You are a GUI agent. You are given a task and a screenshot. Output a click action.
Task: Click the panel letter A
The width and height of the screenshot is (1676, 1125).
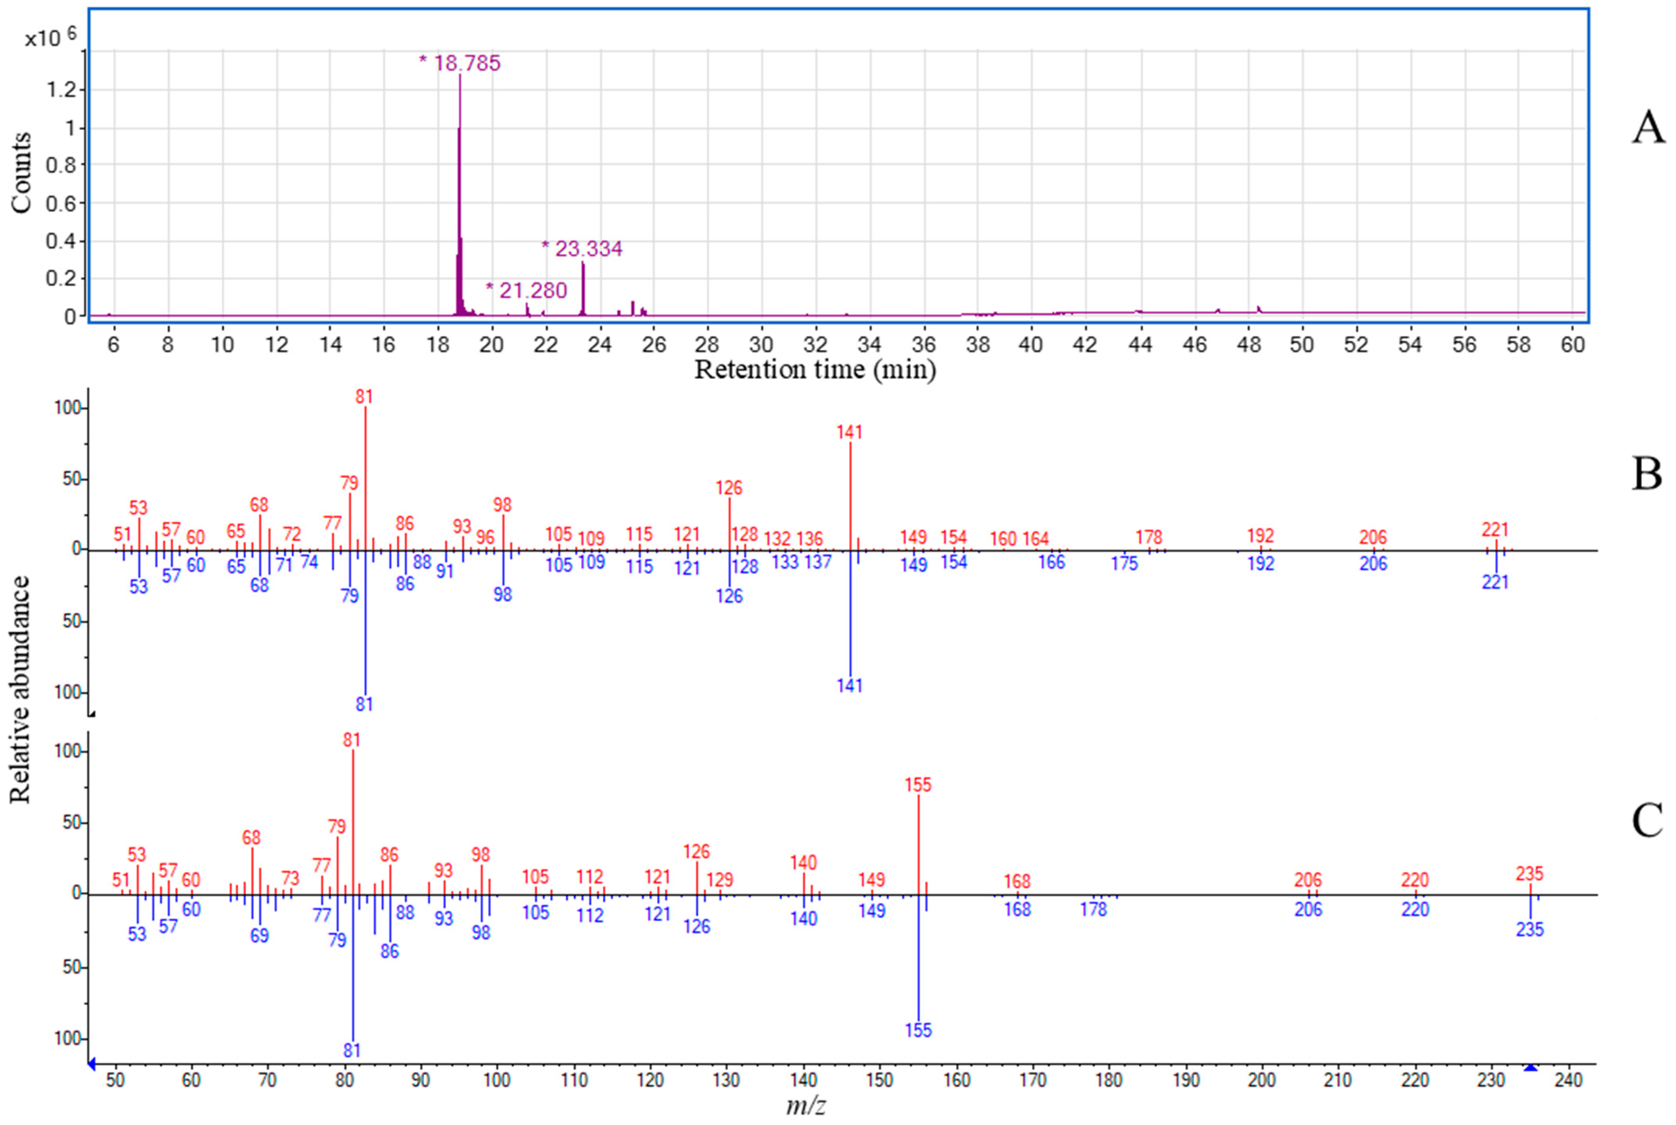[1648, 129]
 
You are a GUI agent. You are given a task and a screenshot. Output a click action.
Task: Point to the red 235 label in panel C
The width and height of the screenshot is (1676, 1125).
[1529, 874]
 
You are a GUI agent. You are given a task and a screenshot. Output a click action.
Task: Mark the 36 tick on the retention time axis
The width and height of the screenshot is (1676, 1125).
[924, 345]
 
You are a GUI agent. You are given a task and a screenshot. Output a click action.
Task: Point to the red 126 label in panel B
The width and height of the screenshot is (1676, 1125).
[728, 488]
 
